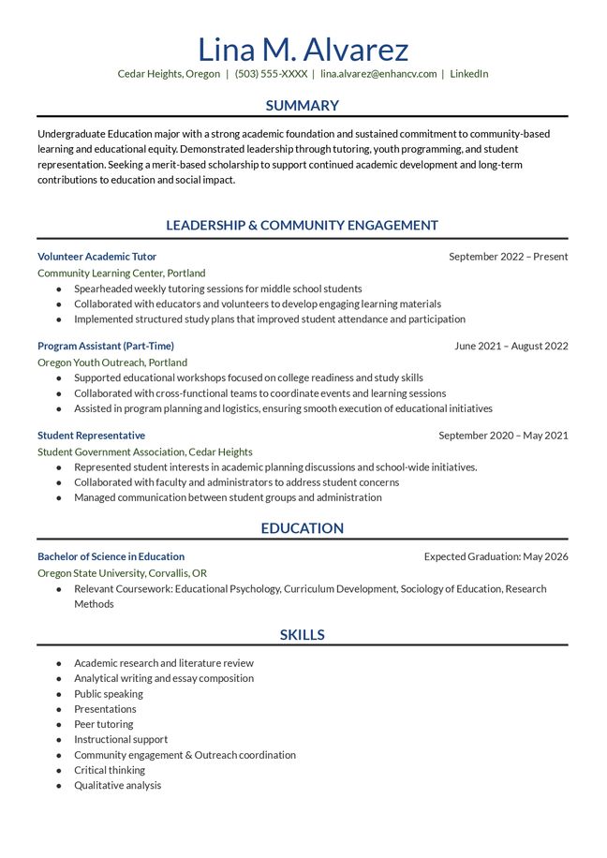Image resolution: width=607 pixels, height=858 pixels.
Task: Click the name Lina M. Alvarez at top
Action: click(x=303, y=49)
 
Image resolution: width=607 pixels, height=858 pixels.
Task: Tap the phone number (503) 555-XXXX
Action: click(x=271, y=74)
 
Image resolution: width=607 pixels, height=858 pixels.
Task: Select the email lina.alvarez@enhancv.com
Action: click(x=378, y=74)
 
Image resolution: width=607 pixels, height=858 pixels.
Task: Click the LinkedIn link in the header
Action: click(x=468, y=74)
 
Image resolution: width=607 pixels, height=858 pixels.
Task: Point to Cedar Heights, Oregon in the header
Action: click(x=169, y=74)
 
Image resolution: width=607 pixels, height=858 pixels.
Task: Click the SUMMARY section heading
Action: click(x=303, y=106)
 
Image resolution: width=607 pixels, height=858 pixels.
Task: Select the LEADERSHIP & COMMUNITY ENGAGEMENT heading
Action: click(x=303, y=225)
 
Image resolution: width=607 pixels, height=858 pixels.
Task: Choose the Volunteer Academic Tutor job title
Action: click(x=96, y=257)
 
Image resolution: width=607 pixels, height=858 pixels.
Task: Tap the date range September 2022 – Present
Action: click(x=508, y=257)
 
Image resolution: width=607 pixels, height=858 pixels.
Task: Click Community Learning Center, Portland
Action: click(x=121, y=274)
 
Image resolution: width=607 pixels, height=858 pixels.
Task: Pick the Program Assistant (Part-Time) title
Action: click(x=105, y=347)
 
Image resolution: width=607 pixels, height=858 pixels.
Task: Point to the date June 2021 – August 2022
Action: click(x=511, y=347)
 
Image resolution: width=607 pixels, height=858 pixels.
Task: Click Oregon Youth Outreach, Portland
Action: click(x=112, y=362)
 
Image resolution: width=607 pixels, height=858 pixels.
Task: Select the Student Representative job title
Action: click(x=91, y=436)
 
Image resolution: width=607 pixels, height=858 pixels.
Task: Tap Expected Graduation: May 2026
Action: click(x=496, y=556)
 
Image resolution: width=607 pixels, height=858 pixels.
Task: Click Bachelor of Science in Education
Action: click(x=111, y=556)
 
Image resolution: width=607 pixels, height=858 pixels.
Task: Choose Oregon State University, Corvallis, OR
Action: click(x=122, y=573)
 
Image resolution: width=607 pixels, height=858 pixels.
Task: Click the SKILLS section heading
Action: click(x=303, y=635)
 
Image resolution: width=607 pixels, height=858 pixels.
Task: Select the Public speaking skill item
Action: click(x=109, y=694)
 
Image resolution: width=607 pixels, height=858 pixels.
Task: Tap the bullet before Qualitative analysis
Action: click(x=59, y=786)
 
